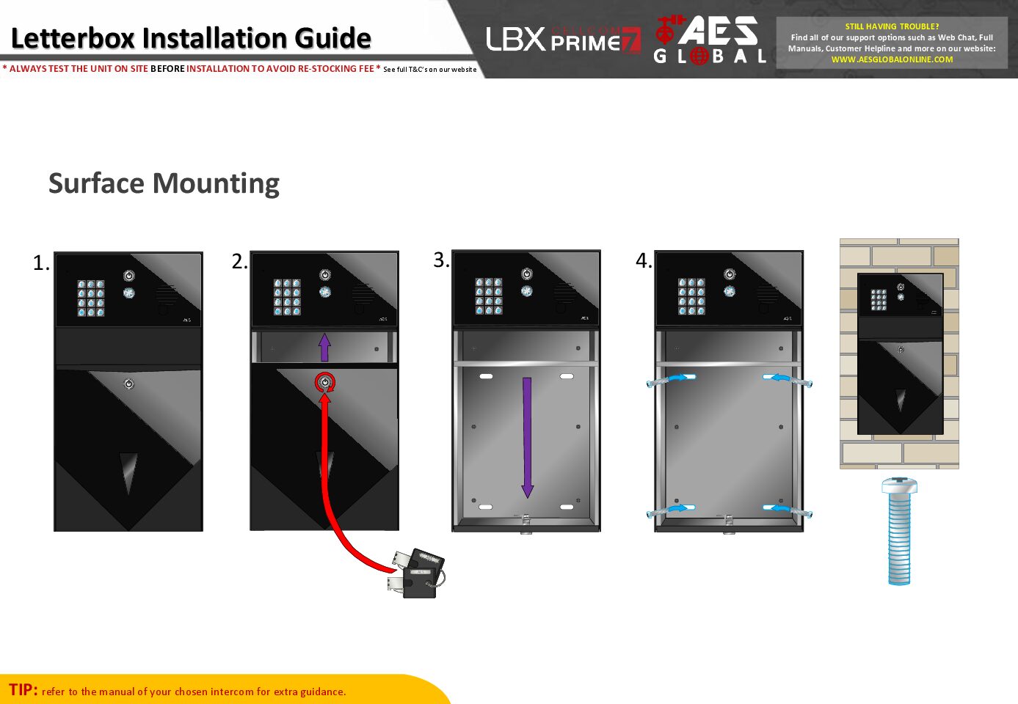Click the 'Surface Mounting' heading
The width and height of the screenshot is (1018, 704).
(x=164, y=183)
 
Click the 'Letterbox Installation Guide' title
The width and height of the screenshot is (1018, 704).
(x=191, y=38)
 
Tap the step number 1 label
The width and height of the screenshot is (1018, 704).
(x=41, y=263)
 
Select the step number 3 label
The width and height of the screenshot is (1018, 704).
(x=440, y=260)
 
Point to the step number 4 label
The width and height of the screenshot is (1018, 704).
(x=643, y=261)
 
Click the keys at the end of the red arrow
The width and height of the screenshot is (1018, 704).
(x=417, y=573)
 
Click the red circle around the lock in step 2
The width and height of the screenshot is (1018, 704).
(x=324, y=382)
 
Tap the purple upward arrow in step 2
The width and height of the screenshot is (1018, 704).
(x=324, y=347)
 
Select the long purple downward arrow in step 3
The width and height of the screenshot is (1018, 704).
(x=527, y=437)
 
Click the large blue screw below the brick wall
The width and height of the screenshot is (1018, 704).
(x=899, y=531)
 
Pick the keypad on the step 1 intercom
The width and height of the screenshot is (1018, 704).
(x=91, y=298)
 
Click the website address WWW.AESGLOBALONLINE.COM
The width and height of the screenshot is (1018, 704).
(x=892, y=60)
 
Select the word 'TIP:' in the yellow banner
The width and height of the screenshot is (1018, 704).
(x=23, y=689)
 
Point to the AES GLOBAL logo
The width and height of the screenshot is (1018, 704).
(x=710, y=40)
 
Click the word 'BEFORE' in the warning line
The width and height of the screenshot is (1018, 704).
(x=167, y=69)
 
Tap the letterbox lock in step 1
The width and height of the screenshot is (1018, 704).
(x=129, y=384)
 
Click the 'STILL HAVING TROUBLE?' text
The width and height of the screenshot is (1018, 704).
(x=892, y=26)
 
